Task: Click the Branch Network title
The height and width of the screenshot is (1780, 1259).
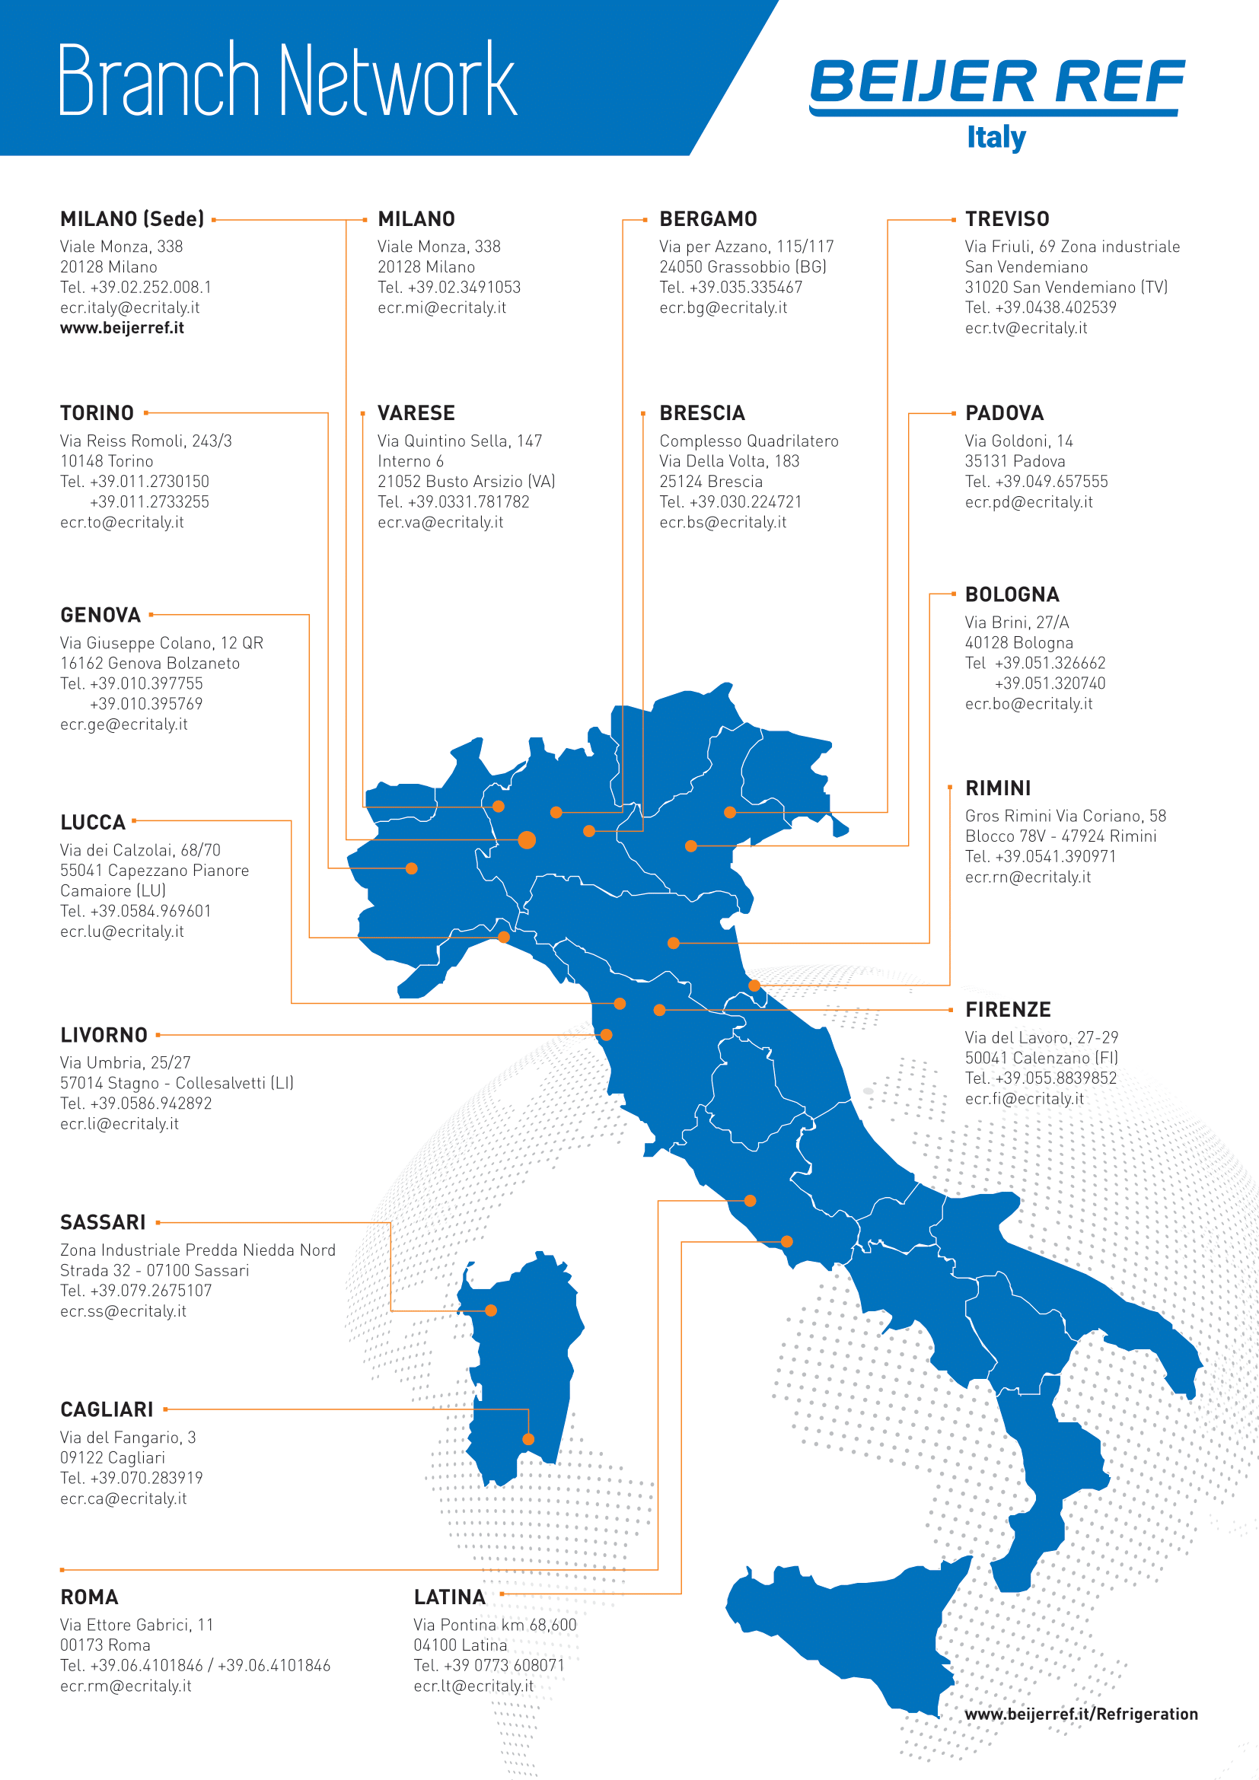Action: click(287, 81)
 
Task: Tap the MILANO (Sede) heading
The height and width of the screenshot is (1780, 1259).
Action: click(132, 219)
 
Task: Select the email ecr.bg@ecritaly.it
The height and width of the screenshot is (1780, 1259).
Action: click(722, 307)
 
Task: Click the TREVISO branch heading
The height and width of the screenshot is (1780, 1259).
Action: click(1006, 219)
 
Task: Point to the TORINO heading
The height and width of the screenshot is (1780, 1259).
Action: click(97, 413)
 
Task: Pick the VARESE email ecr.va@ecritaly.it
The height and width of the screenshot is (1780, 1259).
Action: click(440, 523)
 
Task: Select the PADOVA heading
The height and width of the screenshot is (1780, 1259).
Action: click(1004, 413)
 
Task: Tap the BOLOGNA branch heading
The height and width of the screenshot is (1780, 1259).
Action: click(1012, 594)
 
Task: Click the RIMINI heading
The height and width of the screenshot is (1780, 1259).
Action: click(998, 788)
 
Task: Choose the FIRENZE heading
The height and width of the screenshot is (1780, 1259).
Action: click(1008, 1010)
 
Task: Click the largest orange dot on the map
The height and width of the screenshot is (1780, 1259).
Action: click(528, 839)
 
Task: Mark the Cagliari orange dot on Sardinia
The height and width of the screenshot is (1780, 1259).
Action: click(528, 1440)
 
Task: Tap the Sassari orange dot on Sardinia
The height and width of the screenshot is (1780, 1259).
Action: click(491, 1311)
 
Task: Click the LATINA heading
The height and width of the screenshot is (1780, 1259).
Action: click(450, 1598)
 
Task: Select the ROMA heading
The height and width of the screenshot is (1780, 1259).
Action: click(89, 1598)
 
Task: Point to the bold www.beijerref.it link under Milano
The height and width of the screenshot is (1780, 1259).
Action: click(122, 328)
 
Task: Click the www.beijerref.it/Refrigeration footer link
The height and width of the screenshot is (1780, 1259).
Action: click(1081, 1714)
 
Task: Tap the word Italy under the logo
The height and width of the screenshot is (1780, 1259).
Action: click(996, 137)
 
